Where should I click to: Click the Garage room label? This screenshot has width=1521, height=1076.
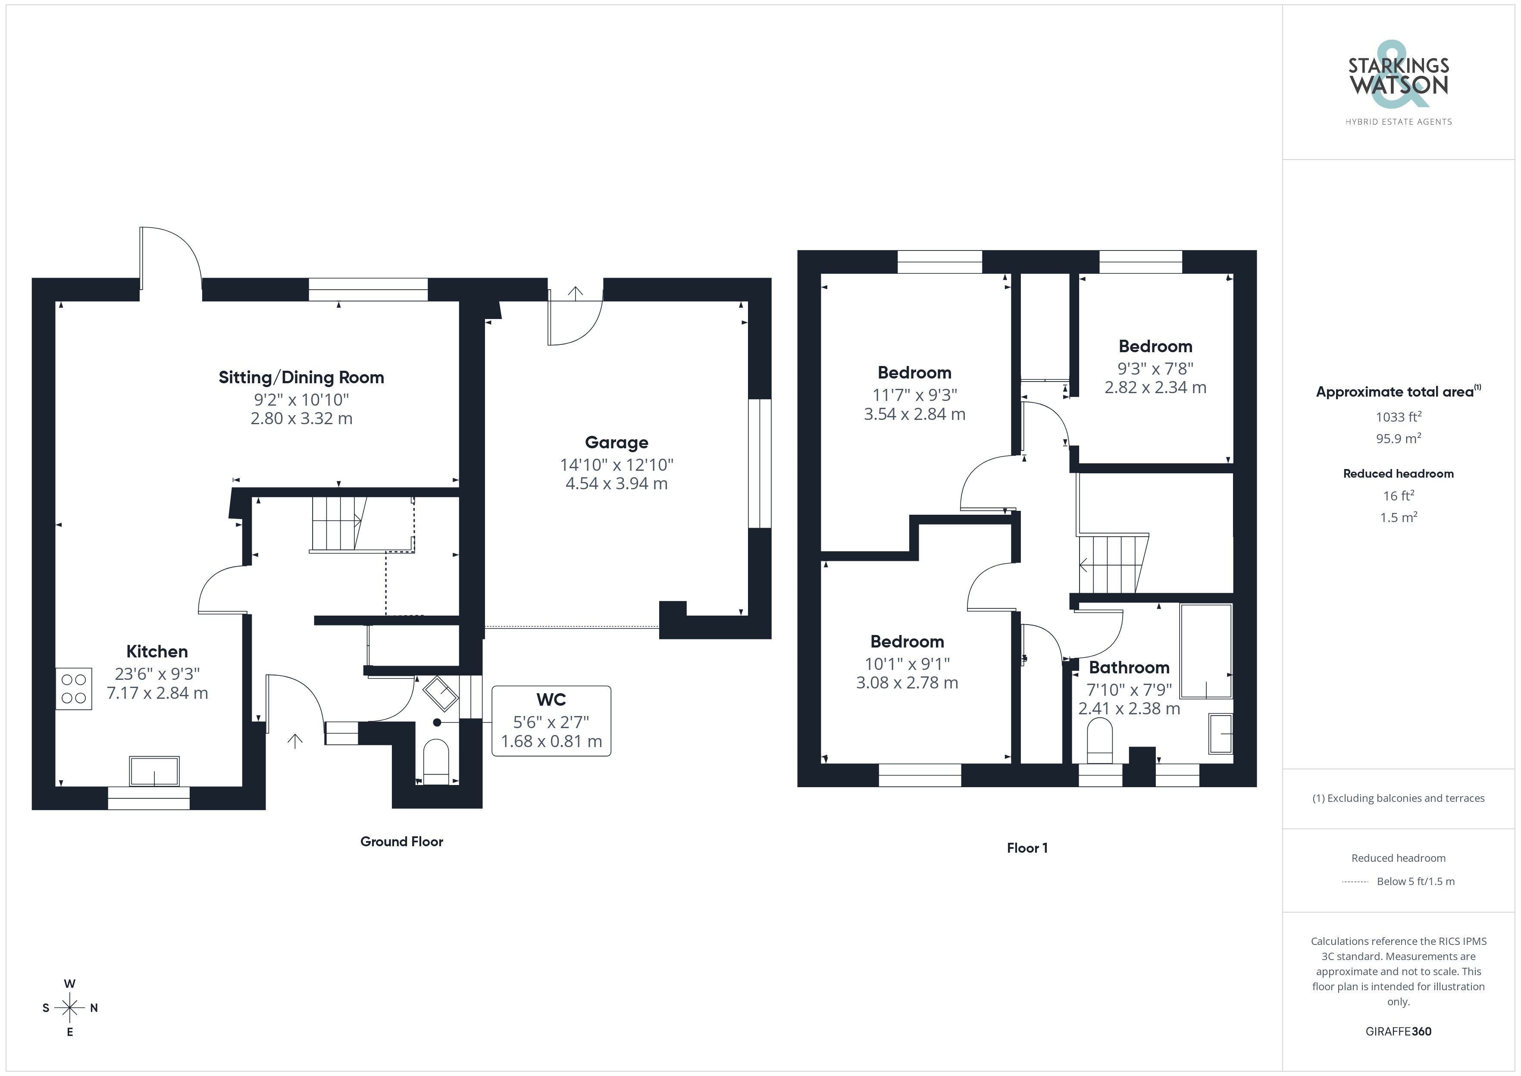click(616, 443)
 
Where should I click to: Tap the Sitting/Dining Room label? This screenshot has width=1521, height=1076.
click(301, 378)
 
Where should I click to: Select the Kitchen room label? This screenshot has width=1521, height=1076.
click(157, 651)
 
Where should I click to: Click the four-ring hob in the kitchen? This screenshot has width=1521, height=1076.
click(74, 688)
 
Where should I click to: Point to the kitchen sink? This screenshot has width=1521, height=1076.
click(154, 771)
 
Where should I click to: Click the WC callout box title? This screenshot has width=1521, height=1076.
click(551, 700)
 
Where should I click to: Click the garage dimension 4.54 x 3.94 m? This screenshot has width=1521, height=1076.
click(616, 484)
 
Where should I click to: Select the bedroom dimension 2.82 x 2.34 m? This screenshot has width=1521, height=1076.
click(1155, 388)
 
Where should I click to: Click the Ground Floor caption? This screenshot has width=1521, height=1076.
click(401, 841)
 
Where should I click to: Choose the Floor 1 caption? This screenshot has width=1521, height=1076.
click(1027, 848)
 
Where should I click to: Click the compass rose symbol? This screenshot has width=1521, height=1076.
click(69, 1008)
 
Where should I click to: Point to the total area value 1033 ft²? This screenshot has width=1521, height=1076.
click(1399, 417)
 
